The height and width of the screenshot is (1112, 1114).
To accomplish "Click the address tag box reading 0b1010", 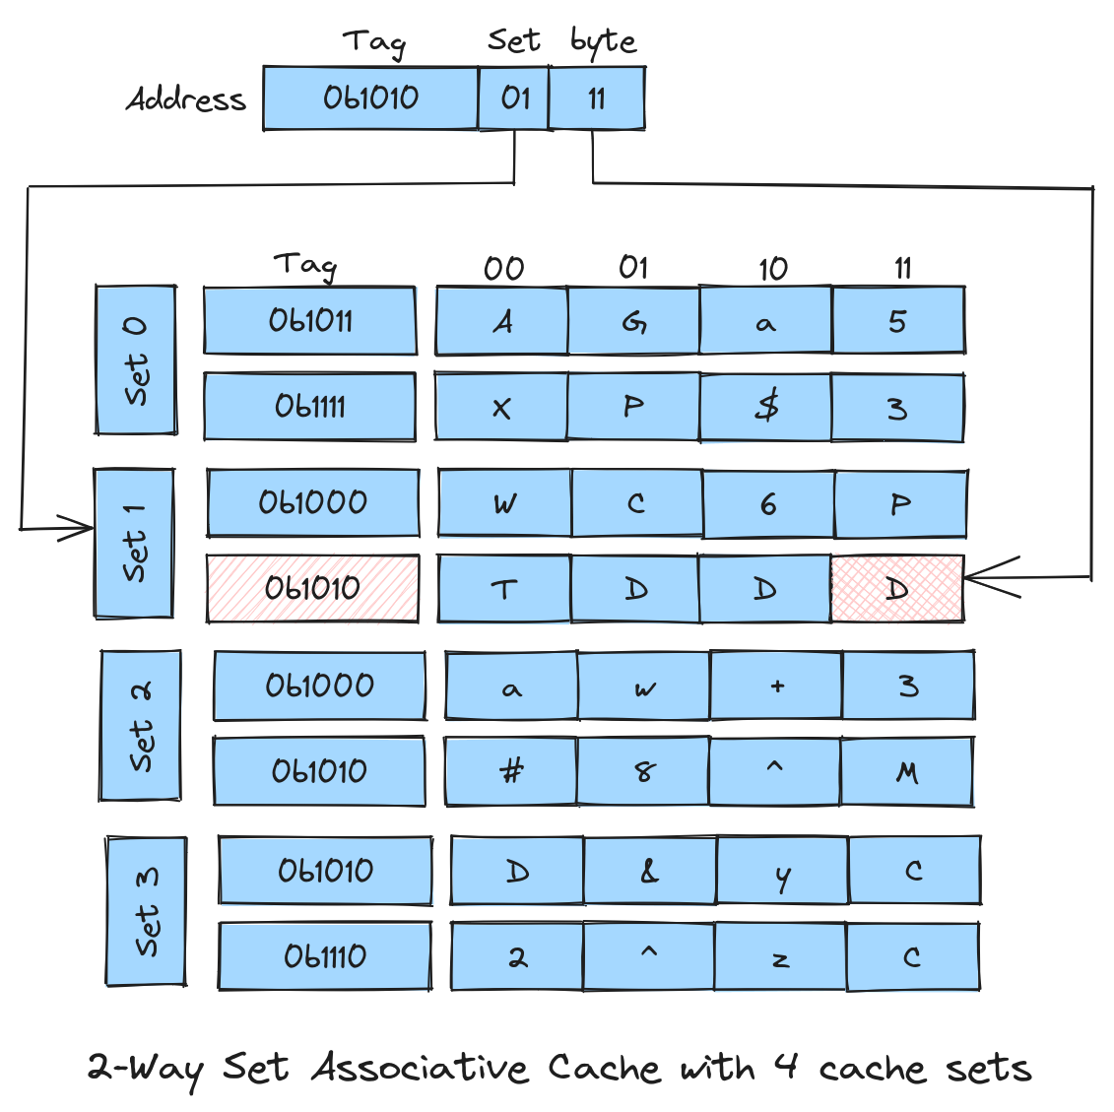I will click(370, 98).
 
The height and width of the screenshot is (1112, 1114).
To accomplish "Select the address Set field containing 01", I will click(514, 98).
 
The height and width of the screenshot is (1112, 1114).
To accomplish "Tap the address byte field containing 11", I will click(597, 98).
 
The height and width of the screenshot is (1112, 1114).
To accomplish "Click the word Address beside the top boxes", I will click(185, 98).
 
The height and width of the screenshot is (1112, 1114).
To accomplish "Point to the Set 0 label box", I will click(136, 360).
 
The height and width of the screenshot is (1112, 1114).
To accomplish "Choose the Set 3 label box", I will click(146, 911).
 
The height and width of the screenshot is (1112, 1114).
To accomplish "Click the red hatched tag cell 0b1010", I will click(312, 589).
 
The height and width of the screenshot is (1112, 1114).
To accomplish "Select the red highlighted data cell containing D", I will click(897, 589).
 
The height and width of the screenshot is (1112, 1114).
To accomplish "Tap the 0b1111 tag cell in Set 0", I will click(310, 407).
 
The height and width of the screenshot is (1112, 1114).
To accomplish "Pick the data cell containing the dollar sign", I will click(766, 407).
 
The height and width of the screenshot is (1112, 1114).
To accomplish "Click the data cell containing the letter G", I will click(634, 321).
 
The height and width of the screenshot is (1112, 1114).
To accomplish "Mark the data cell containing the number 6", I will click(768, 504).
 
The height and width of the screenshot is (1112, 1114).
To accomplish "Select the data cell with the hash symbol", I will click(511, 771).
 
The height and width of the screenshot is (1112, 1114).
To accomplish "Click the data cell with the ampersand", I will click(650, 871).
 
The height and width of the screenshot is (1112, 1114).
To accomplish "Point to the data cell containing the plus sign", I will click(776, 686).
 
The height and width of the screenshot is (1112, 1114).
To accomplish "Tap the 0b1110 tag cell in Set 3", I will click(325, 956).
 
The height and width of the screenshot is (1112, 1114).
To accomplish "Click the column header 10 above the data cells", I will click(772, 268).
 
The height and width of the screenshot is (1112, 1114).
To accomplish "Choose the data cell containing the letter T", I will click(503, 589).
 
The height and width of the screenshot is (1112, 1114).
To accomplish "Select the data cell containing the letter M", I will click(907, 771).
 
